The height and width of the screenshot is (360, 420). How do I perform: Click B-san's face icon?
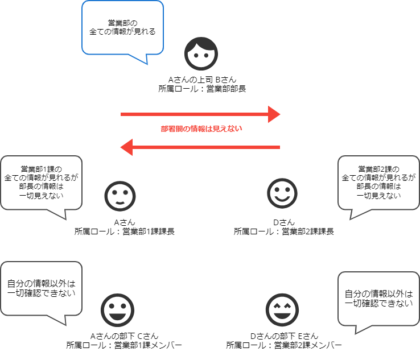click(x=201, y=54)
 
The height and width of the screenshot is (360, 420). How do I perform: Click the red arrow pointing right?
click(x=200, y=114)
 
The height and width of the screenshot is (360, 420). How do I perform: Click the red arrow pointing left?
click(x=200, y=148)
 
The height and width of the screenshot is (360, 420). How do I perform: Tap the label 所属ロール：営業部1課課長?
click(x=120, y=231)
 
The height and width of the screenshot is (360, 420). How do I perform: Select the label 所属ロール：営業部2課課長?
click(x=283, y=231)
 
